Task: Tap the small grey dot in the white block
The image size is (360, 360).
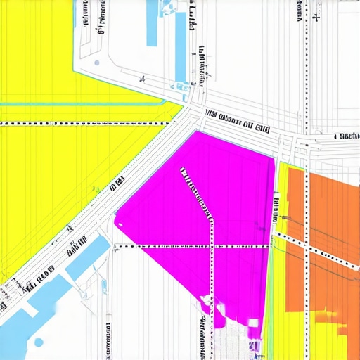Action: [96, 63]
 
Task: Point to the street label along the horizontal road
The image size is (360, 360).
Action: [238, 119]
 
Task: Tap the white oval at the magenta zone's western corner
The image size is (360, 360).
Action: [119, 224]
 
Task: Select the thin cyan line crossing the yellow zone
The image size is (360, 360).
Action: [84, 104]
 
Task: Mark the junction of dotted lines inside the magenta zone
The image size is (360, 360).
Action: [212, 246]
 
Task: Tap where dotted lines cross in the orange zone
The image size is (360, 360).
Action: [307, 246]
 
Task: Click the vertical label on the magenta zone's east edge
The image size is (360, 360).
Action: [274, 211]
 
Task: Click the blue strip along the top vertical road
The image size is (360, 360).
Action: [181, 49]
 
